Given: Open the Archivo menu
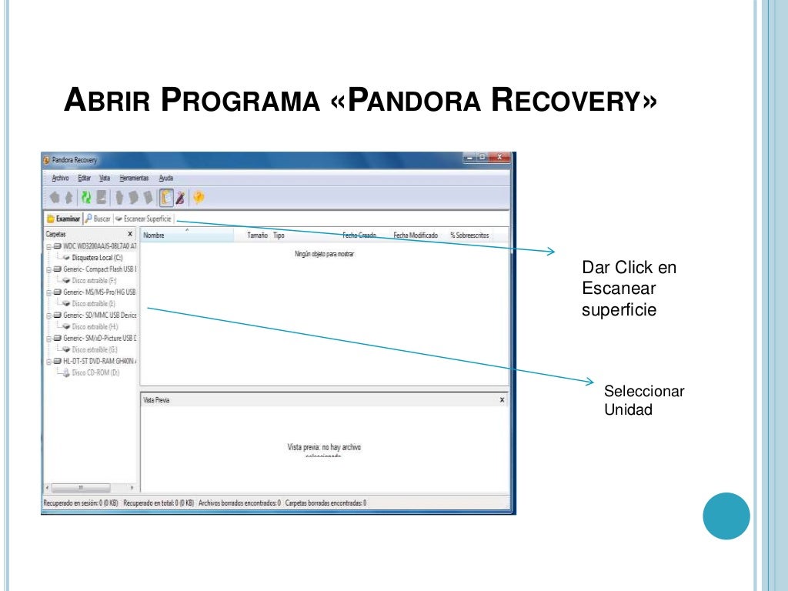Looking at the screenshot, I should tap(60, 178).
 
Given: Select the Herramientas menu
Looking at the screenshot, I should tap(134, 178).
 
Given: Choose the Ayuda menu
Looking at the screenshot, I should tap(165, 178).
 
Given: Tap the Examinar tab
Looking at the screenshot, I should tap(64, 219).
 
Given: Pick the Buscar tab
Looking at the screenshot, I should tap(98, 219).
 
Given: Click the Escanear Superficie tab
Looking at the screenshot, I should tap(144, 219).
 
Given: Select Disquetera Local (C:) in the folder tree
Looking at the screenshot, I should tap(96, 258).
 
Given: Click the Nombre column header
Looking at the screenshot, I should tap(154, 235).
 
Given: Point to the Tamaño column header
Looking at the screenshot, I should tap(257, 235).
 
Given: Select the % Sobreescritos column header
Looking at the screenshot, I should tap(469, 235).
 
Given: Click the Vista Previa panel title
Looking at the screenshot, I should tap(156, 400).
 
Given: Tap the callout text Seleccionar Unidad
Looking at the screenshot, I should tap(643, 400).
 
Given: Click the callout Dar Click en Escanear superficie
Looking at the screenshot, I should tap(629, 289).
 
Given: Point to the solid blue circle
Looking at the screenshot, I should tap(726, 516).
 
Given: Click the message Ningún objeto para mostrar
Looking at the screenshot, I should tap(324, 253).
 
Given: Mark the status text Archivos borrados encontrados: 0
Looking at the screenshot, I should tap(239, 503).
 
